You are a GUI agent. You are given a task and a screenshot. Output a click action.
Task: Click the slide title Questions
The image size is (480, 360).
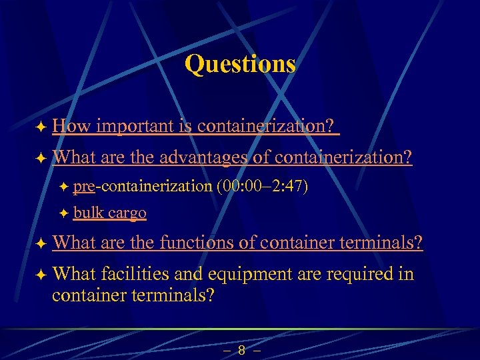point(240,64)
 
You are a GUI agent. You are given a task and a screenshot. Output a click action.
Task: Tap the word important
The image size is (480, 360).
point(137,125)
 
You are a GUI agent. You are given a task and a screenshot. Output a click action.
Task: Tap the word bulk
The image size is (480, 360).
point(88,213)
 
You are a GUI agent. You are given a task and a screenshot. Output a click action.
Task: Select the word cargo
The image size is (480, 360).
point(127,213)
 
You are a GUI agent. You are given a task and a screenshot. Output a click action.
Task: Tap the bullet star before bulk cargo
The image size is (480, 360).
point(64,213)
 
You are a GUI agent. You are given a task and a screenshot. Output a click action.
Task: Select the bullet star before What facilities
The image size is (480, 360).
point(41,275)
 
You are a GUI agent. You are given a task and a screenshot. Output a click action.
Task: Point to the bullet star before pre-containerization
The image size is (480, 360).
point(64,187)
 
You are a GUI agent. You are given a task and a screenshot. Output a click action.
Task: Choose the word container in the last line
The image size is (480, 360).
point(87,295)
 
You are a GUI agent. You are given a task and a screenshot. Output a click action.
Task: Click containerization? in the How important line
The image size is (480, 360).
point(268,125)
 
